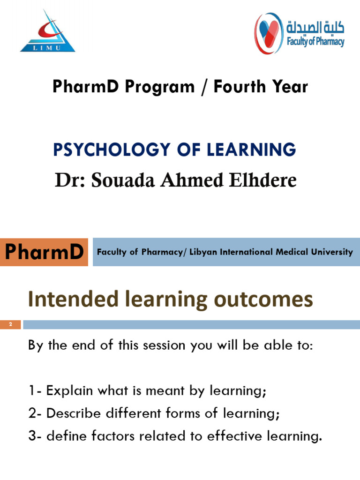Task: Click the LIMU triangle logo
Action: pos(47,32)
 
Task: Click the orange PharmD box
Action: pos(44,252)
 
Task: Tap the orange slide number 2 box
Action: pos(10,324)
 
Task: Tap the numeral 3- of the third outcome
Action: pos(35,436)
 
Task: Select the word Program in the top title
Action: pos(157,87)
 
